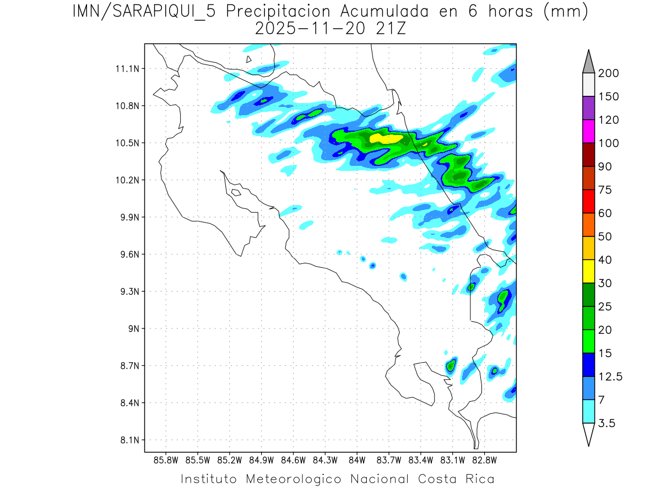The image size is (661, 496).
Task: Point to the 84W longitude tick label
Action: click(357, 460)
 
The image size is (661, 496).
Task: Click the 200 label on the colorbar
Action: click(608, 73)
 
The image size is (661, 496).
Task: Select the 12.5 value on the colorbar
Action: click(610, 377)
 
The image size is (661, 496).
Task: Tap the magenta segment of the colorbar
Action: click(588, 132)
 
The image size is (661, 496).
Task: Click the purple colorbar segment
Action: click(588, 108)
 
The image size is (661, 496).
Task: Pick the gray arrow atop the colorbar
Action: click(588, 62)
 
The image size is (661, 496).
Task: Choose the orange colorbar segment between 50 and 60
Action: click(588, 225)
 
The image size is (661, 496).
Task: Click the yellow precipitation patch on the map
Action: click(386, 138)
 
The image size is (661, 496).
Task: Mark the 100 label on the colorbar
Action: click(608, 143)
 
